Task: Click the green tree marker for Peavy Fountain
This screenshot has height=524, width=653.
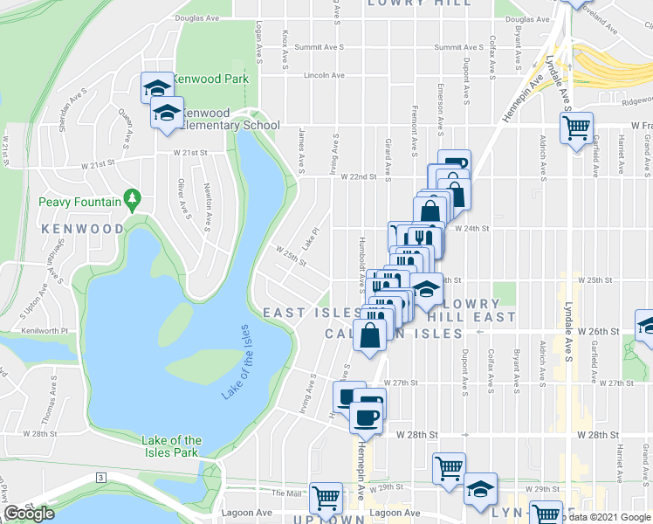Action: [x=132, y=199]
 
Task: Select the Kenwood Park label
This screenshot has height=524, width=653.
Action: [x=210, y=79]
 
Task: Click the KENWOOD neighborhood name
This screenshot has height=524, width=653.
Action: [x=81, y=229]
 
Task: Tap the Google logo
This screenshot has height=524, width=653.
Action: [x=28, y=514]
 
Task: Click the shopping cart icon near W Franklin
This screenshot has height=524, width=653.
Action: [x=577, y=128]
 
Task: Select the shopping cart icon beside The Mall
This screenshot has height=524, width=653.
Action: [x=326, y=499]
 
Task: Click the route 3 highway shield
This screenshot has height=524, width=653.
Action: [x=101, y=477]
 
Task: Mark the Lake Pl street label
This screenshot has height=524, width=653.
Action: [x=311, y=238]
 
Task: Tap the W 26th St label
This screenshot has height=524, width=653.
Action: [x=601, y=332]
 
